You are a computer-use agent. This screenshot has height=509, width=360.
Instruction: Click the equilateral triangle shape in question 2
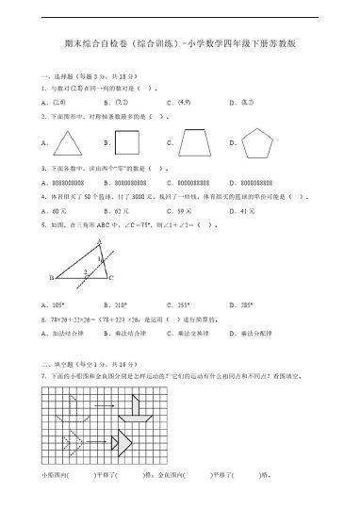68,143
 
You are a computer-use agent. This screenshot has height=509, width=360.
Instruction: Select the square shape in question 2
127,143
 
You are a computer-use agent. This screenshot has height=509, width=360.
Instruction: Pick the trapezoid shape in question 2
196,143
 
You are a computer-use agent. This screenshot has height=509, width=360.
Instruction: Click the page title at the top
179,41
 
